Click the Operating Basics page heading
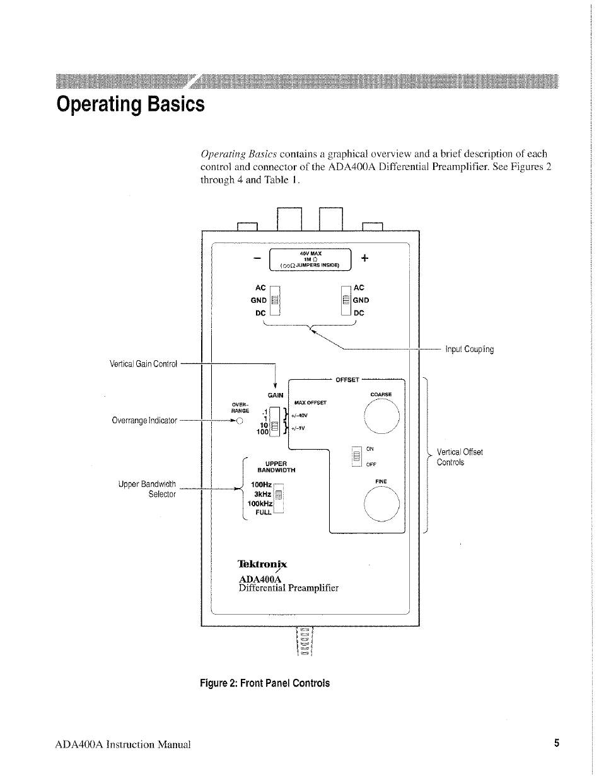pos(131,103)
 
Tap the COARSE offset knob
pos(381,418)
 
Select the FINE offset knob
pos(381,506)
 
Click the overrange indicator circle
pos(240,422)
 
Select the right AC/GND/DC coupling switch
pos(345,300)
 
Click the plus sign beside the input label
pos(364,258)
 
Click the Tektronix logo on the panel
pos(262,564)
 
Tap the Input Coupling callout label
pos(469,349)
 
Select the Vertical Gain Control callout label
pos(144,363)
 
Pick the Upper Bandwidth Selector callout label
pos(146,489)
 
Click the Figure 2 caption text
pos(264,683)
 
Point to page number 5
pos(557,743)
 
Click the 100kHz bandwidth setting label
pos(260,504)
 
